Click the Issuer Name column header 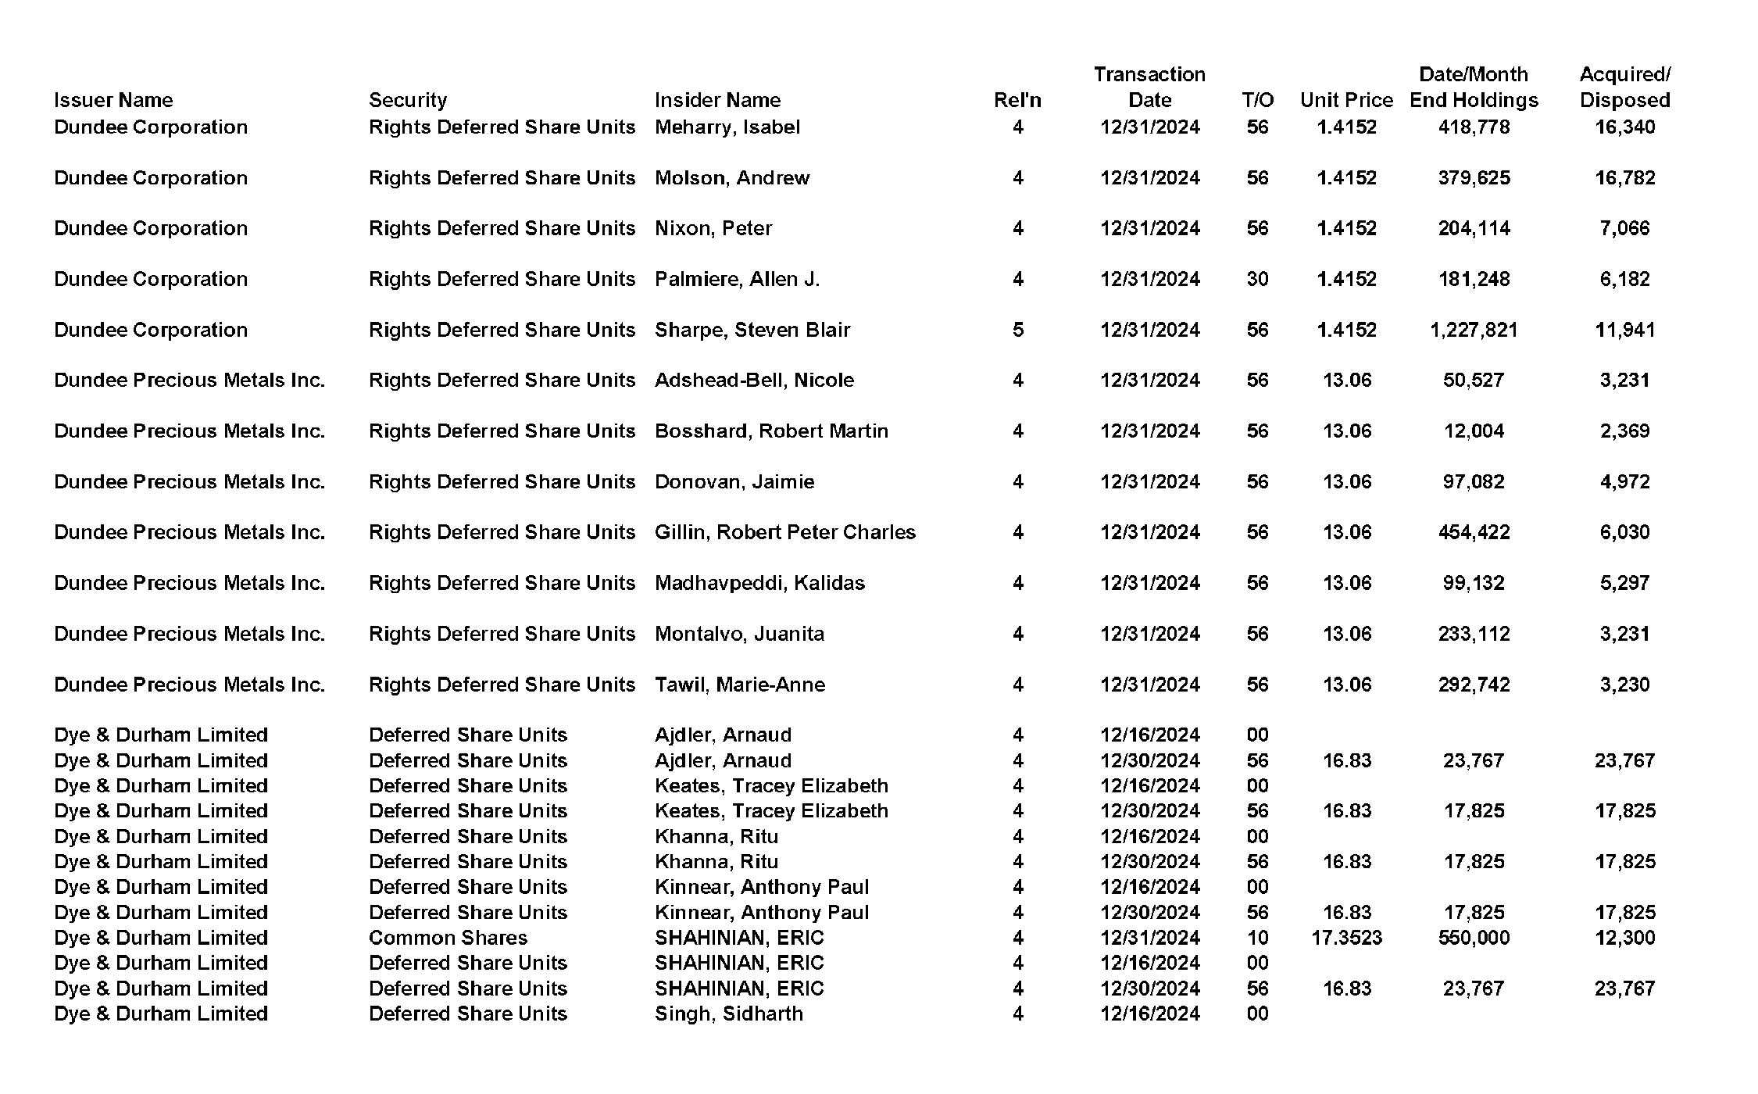click(x=113, y=100)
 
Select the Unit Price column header click(x=1346, y=100)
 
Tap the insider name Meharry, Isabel click(x=727, y=127)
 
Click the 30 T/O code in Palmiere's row click(x=1257, y=279)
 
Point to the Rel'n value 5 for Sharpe click(x=1017, y=330)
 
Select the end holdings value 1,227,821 click(x=1474, y=330)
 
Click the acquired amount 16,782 click(x=1624, y=177)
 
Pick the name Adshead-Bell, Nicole click(x=754, y=380)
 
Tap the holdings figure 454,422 click(x=1474, y=532)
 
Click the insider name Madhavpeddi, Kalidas click(x=759, y=583)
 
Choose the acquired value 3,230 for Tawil click(x=1624, y=685)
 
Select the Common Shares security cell click(x=448, y=938)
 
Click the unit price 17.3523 click(x=1346, y=938)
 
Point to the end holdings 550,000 click(x=1474, y=938)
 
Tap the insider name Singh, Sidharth click(x=728, y=1014)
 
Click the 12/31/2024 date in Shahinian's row click(x=1149, y=938)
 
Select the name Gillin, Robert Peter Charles click(x=784, y=532)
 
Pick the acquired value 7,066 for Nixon click(x=1624, y=228)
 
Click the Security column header click(x=408, y=100)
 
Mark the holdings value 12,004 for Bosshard click(x=1474, y=431)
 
